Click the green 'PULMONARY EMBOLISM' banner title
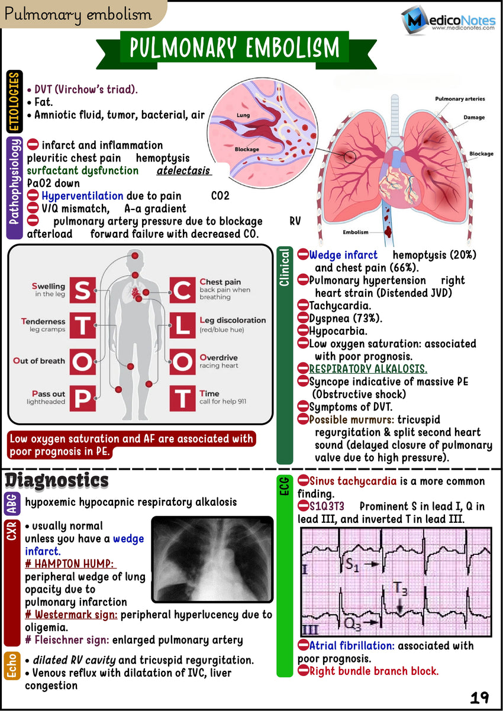click(235, 47)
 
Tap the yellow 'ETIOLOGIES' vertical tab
click(14, 101)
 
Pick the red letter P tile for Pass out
click(83, 397)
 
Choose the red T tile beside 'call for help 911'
click(181, 397)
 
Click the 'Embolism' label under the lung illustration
click(356, 232)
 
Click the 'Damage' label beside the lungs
click(473, 117)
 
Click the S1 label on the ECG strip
click(352, 565)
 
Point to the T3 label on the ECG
click(401, 589)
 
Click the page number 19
click(479, 698)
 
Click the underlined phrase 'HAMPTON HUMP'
click(70, 564)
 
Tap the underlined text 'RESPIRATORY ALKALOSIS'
click(368, 369)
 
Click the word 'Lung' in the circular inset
click(243, 115)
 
